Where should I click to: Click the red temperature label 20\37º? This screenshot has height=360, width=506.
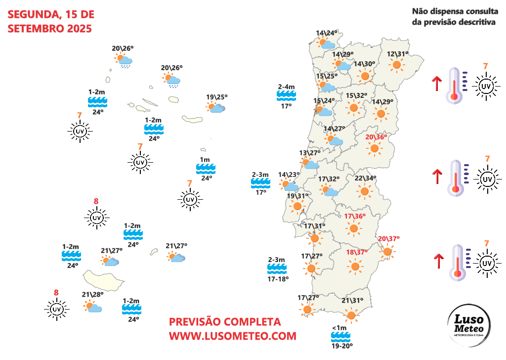[x=389, y=239]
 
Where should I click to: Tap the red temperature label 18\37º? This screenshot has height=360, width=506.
[x=357, y=252]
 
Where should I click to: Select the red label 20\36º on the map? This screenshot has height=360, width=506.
[x=376, y=137]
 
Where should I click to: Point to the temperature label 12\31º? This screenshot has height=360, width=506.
[x=398, y=54]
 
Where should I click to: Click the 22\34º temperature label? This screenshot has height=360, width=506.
[x=366, y=179]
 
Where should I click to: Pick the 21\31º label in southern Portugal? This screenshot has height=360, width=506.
[x=352, y=300]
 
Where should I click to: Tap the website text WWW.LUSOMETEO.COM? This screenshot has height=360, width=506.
[x=233, y=336]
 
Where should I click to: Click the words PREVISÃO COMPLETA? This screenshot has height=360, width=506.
[x=225, y=322]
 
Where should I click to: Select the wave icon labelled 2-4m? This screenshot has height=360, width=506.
[x=286, y=96]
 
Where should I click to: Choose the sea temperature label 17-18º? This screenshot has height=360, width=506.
[x=277, y=279]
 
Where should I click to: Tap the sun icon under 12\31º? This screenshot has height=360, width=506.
[x=396, y=64]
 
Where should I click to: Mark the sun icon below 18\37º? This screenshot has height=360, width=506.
[x=355, y=267]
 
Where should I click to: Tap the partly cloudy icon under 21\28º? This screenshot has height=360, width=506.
[x=92, y=307]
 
